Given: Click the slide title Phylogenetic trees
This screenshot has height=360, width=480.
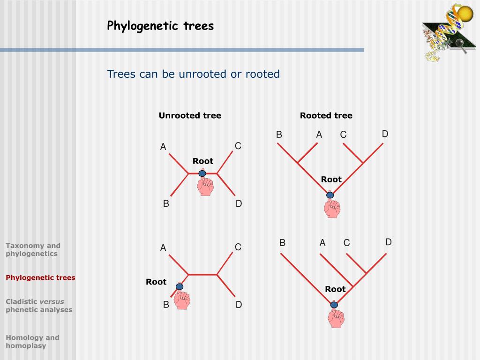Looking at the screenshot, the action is [160, 26].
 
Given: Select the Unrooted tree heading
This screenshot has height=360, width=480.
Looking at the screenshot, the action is [190, 116].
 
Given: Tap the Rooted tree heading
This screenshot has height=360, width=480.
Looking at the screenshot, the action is [326, 116].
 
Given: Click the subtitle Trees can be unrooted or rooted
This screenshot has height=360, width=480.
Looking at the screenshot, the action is [193, 74].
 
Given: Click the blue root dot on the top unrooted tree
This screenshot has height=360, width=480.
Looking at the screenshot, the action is [202, 173].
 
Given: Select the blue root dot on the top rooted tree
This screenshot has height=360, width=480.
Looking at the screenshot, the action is [330, 195].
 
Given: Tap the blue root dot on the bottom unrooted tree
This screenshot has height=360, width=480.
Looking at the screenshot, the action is [179, 286].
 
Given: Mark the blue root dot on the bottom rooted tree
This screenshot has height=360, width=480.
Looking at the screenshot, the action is [334, 305].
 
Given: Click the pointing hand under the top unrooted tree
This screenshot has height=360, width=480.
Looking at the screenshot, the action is [205, 186].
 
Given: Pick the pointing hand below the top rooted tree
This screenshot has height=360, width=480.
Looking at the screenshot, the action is [332, 208].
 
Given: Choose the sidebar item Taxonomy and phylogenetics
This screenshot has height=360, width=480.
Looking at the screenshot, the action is [33, 249].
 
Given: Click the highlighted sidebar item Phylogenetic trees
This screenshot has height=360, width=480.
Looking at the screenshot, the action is [40, 277].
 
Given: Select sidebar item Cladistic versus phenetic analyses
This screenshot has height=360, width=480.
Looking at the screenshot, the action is [39, 305].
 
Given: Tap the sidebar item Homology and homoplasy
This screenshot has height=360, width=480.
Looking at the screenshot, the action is [32, 341].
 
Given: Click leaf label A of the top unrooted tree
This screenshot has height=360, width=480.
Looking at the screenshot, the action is [163, 147].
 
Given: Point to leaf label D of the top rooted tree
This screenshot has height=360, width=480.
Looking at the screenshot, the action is [385, 134].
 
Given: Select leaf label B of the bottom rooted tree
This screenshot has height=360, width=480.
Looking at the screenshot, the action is [283, 243].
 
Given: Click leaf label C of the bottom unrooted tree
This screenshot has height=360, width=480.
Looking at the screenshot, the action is [238, 247].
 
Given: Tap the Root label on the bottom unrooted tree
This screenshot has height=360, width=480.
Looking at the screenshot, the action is [156, 282].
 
